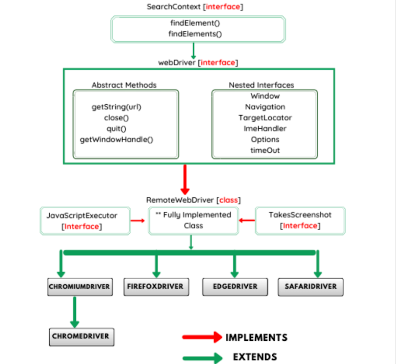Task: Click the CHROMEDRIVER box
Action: [x=81, y=337]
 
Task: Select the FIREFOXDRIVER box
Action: [x=156, y=287]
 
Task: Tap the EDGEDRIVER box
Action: [x=235, y=287]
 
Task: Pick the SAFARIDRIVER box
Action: [x=311, y=287]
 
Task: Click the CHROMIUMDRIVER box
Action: [x=80, y=287]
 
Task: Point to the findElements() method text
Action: [x=195, y=34]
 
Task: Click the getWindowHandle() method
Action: [x=116, y=139]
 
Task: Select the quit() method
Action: [x=116, y=129]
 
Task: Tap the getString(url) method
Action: [x=116, y=107]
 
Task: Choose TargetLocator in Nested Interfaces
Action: [x=265, y=118]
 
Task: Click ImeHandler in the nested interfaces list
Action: [x=265, y=129]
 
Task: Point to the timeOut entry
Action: [x=265, y=150]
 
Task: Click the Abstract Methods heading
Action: [x=124, y=85]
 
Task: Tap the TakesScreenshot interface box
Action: [x=300, y=220]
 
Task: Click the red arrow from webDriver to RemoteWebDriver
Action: [x=185, y=179]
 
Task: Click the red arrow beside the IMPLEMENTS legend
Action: [x=202, y=337]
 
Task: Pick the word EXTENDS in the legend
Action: [x=255, y=357]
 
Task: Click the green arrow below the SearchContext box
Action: [x=193, y=51]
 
